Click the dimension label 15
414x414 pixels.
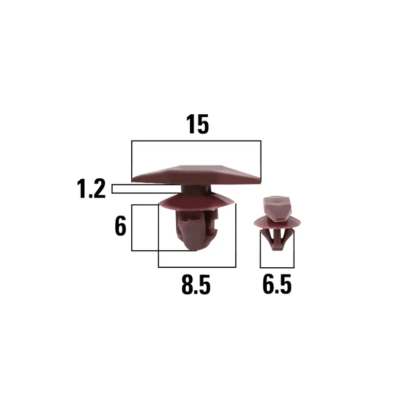click(x=197, y=125)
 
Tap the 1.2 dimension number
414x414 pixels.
click(x=91, y=188)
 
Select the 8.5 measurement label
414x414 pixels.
click(x=196, y=285)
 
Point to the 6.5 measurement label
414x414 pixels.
click(x=277, y=284)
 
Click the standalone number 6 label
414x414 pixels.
click(x=120, y=226)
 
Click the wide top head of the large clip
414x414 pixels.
click(x=196, y=175)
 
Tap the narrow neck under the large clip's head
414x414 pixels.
click(x=196, y=189)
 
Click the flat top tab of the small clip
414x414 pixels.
click(x=277, y=209)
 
